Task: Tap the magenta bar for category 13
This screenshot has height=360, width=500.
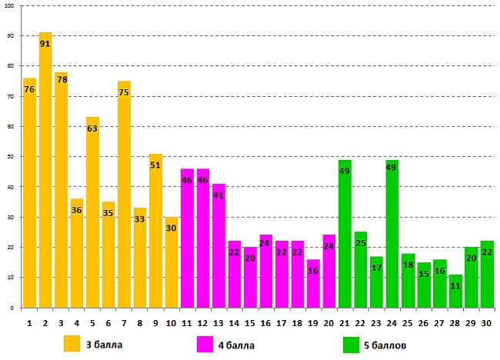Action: pyautogui.click(x=218, y=246)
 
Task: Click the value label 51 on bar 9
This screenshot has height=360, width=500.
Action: pyautogui.click(x=155, y=165)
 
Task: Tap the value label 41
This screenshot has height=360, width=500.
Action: pyautogui.click(x=218, y=195)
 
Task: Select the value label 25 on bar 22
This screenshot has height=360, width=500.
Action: pyautogui.click(x=361, y=243)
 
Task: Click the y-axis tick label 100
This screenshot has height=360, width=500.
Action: pyautogui.click(x=11, y=6)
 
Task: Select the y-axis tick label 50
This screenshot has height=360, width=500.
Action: pyautogui.click(x=12, y=157)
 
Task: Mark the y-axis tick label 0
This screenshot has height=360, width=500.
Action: pyautogui.click(x=14, y=308)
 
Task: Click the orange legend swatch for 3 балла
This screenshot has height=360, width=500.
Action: pyautogui.click(x=72, y=343)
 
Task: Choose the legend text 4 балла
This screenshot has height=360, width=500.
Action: pyautogui.click(x=236, y=344)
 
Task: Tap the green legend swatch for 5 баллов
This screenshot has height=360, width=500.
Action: pyautogui.click(x=352, y=343)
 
